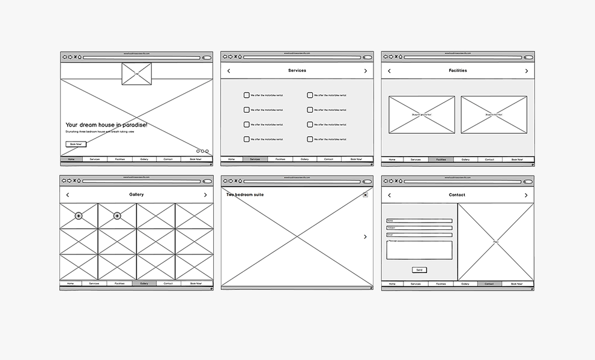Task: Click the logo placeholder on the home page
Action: click(x=136, y=74)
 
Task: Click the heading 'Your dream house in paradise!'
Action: click(x=106, y=125)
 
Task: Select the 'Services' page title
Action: click(x=297, y=71)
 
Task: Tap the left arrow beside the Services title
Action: click(x=229, y=71)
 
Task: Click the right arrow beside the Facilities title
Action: click(x=527, y=71)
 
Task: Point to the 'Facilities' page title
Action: click(x=458, y=71)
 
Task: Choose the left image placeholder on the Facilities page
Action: click(x=421, y=115)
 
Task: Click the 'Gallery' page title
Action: click(x=136, y=195)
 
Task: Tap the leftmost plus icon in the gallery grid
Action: click(x=79, y=216)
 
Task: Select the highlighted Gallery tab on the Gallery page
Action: click(x=144, y=283)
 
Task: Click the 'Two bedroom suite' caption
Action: click(x=245, y=195)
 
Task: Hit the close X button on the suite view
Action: click(x=365, y=195)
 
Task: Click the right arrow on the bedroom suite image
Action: click(x=365, y=237)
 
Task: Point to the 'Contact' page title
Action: click(x=457, y=195)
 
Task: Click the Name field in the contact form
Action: click(x=419, y=221)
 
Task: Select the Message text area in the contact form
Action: click(x=419, y=250)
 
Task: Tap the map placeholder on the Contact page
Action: click(x=495, y=242)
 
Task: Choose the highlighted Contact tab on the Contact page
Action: click(x=489, y=283)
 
